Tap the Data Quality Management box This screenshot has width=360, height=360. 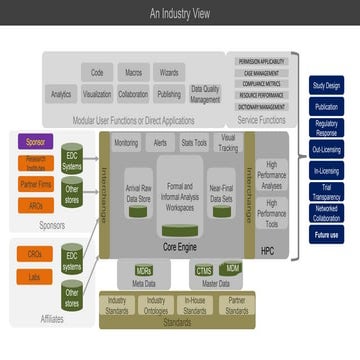pyautogui.click(x=205, y=94)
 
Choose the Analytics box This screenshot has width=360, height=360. pyautogui.click(x=61, y=94)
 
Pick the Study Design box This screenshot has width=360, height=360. pyautogui.click(x=325, y=86)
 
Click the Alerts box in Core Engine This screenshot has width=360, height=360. pyautogui.click(x=161, y=143)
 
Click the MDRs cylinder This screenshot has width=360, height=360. pyautogui.click(x=143, y=270)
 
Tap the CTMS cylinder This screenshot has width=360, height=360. pyautogui.click(x=204, y=270)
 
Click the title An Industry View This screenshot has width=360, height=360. pyautogui.click(x=180, y=14)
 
